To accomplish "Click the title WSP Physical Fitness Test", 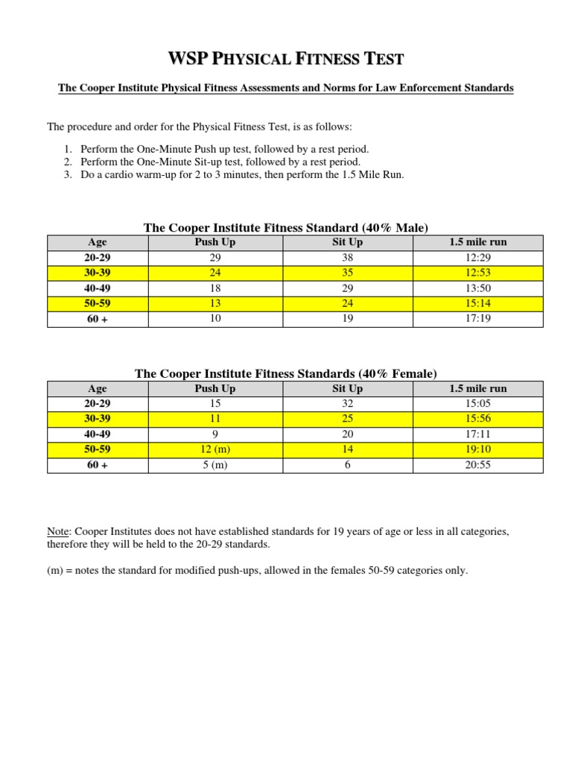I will (286, 59).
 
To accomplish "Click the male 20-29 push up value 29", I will (214, 257).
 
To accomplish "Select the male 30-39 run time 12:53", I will (477, 273).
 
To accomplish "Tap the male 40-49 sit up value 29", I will (347, 288).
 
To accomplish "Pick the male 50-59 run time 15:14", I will (477, 303).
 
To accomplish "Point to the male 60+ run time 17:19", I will (477, 318).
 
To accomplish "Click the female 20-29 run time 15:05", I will (477, 404).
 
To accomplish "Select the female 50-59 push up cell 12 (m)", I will (214, 450).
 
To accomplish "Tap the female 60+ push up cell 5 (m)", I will (214, 465).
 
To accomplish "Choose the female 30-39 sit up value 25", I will (347, 419).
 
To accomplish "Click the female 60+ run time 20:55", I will (477, 465).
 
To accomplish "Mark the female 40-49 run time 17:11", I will (477, 434).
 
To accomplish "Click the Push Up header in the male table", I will (214, 242).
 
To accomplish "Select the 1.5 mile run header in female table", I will (477, 388).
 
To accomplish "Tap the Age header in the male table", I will (97, 242).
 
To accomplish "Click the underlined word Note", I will (57, 531).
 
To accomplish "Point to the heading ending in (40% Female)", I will (286, 373).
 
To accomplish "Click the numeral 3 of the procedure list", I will (67, 175).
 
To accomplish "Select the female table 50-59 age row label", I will (97, 450).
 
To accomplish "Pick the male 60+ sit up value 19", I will (347, 318).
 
